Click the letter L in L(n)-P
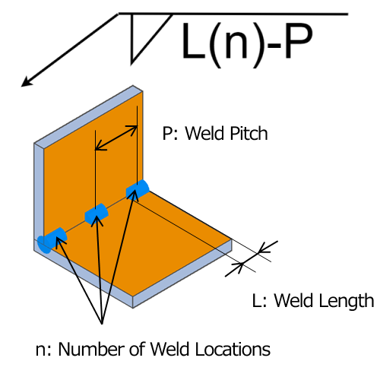(x=194, y=41)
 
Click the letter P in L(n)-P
(x=298, y=41)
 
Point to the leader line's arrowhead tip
(x=21, y=87)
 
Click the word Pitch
(x=245, y=133)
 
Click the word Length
(x=346, y=300)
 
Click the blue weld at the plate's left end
(x=52, y=240)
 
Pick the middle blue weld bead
(x=97, y=214)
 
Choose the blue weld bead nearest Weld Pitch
(x=138, y=190)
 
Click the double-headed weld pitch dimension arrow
(x=116, y=138)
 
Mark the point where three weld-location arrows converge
(x=102, y=324)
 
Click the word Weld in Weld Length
(x=294, y=300)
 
